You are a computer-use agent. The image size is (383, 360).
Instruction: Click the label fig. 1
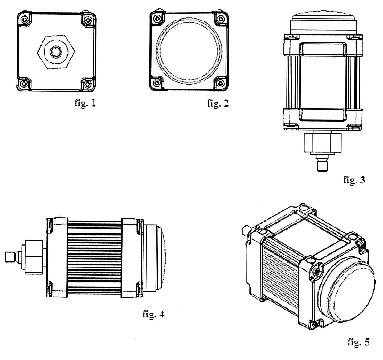coord(85,103)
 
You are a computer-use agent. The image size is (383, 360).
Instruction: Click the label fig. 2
coord(218,103)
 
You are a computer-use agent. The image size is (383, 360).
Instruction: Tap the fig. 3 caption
coord(354,180)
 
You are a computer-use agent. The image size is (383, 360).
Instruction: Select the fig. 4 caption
coord(153,314)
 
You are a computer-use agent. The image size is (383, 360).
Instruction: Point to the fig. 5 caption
coord(358,342)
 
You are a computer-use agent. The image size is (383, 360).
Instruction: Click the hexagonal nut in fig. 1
coord(56,52)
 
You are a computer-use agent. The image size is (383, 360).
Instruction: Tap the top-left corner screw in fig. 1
coord(24,19)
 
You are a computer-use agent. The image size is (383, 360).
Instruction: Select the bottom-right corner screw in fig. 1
coord(88,84)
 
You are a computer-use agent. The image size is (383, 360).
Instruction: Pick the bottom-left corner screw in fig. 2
coord(157,83)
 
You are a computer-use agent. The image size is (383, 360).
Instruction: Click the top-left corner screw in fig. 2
coord(157,19)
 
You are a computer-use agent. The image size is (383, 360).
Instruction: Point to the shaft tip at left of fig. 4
coord(10,257)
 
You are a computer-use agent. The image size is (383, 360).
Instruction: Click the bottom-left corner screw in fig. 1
coord(24,84)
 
